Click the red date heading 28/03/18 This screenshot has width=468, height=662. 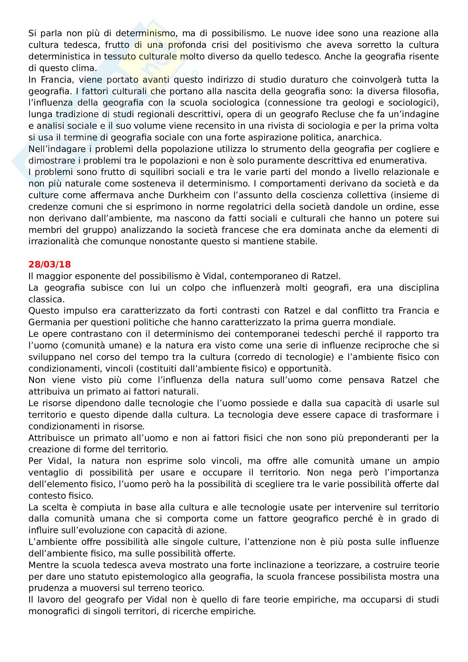coord(50,264)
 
